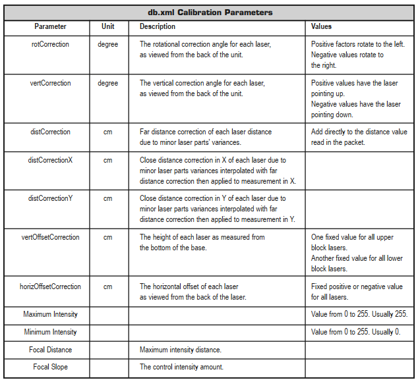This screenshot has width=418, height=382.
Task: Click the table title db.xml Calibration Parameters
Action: pos(208,13)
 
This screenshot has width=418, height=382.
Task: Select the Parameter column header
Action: pos(51,26)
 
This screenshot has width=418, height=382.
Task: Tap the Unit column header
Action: pos(107,26)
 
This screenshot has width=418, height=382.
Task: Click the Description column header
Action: pos(158,26)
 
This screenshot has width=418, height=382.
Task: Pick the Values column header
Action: pos(321,26)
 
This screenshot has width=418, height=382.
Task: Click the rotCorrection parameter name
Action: pos(51,44)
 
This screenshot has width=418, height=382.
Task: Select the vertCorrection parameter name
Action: pos(51,84)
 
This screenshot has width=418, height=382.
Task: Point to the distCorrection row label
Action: pos(51,132)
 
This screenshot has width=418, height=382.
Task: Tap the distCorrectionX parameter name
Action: pos(51,160)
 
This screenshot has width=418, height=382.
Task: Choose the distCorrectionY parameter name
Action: pos(51,198)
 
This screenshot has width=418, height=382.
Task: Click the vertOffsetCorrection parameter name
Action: pos(51,237)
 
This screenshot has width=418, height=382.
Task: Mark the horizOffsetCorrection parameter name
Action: pos(51,286)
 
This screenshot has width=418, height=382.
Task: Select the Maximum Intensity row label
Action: pos(51,315)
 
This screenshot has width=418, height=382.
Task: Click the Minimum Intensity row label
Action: pos(51,332)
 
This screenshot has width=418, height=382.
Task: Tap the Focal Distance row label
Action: pos(51,349)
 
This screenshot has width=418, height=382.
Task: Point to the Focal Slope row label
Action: pos(51,367)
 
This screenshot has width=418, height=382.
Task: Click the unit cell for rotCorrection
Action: pos(107,44)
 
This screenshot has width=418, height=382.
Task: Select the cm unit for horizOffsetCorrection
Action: pos(107,286)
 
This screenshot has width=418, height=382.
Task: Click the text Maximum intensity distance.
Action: pos(180,349)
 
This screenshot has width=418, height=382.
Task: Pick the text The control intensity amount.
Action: pos(181,367)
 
